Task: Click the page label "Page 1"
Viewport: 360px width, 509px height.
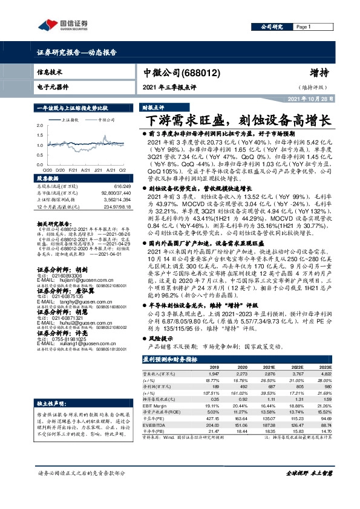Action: pos(303,27)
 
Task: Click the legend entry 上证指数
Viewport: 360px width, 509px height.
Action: pos(72,121)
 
